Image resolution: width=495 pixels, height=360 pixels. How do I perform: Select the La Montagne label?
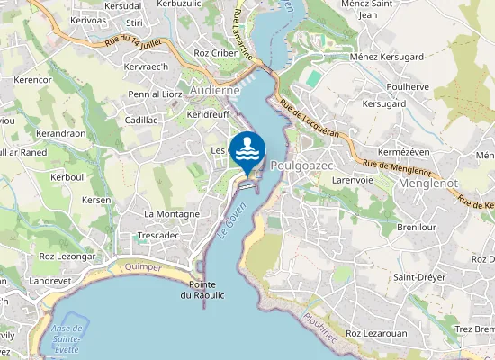click(x=172, y=214)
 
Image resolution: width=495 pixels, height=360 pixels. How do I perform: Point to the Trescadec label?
click(x=161, y=235)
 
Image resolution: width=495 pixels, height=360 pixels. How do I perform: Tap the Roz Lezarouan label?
click(x=378, y=334)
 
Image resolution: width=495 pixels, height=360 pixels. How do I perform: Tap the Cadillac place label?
click(x=141, y=120)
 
